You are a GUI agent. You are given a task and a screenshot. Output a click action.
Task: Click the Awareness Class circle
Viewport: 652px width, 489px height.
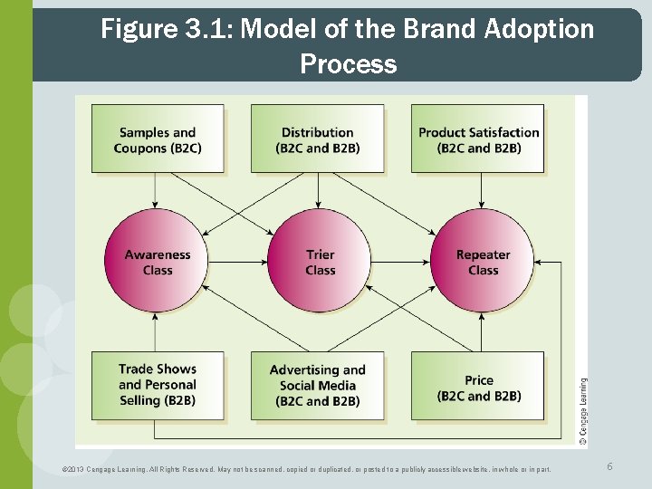(158, 262)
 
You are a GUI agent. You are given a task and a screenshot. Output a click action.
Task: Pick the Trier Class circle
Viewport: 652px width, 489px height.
(320, 262)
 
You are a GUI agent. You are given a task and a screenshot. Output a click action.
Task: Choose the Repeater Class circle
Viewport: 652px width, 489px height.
(483, 262)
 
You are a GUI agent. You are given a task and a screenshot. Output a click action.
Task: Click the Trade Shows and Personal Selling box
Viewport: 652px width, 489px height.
(158, 385)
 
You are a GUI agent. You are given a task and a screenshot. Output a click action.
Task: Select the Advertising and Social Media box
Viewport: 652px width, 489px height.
(317, 385)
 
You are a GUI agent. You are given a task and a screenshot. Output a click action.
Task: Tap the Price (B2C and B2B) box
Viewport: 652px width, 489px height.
(478, 385)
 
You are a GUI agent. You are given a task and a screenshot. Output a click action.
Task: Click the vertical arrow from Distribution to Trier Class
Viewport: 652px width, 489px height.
(318, 190)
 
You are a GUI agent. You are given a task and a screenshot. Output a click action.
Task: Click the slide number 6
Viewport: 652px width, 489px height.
(610, 465)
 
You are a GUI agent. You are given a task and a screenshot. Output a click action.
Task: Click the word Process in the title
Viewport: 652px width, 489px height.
(348, 64)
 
